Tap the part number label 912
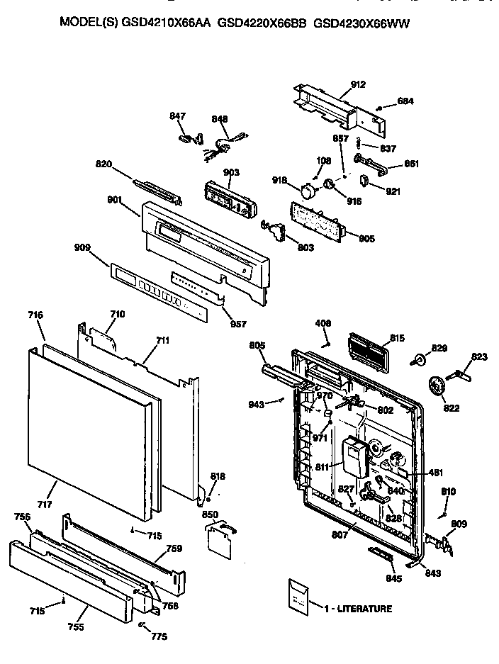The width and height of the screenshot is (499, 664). click(x=358, y=85)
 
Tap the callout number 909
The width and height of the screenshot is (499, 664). click(x=82, y=248)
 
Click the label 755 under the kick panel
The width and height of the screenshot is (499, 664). click(x=77, y=627)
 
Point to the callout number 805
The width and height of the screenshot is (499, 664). click(x=257, y=346)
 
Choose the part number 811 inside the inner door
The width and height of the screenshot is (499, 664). click(x=323, y=468)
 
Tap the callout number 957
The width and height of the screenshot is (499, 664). click(x=238, y=324)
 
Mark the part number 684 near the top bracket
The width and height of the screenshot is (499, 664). click(x=405, y=101)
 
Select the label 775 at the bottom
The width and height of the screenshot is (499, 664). click(x=159, y=636)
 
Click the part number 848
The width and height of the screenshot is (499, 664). click(x=220, y=120)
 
